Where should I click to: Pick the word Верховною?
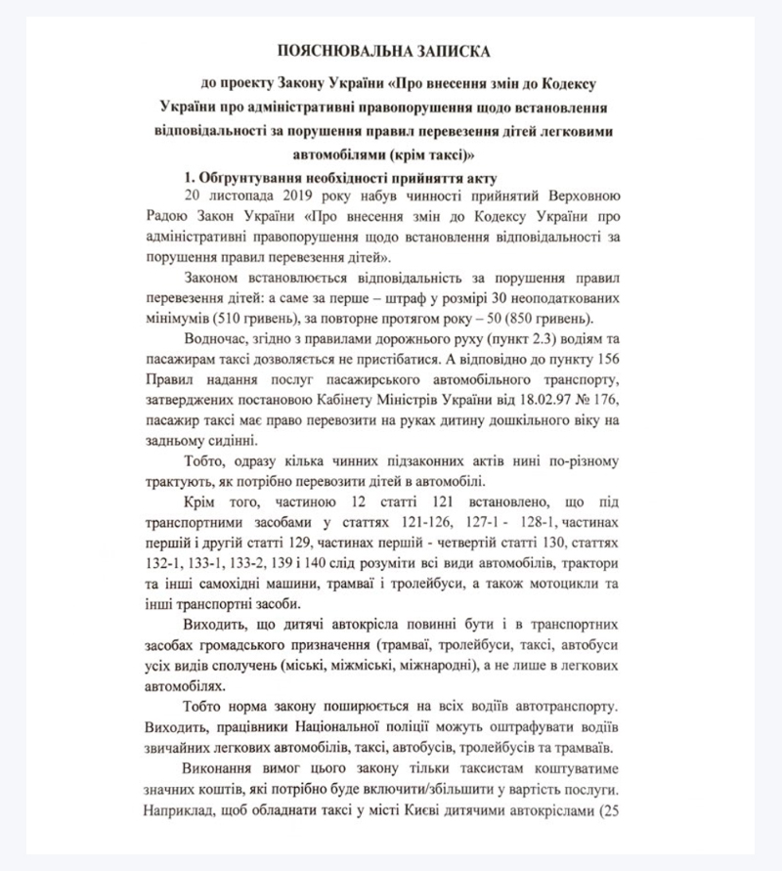pos(593,196)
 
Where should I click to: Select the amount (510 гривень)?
pos(252,322)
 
